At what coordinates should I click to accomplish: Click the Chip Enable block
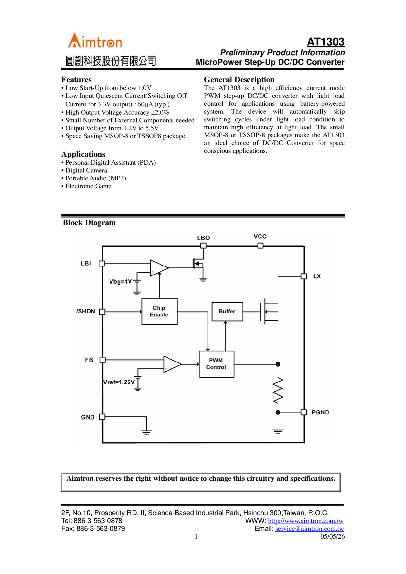(159, 312)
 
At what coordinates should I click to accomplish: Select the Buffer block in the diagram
(227, 312)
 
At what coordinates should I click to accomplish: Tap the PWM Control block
(216, 364)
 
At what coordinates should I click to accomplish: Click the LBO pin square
(203, 246)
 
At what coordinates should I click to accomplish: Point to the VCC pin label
(260, 237)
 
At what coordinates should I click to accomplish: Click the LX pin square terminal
(304, 276)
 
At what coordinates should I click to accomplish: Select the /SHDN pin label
(86, 311)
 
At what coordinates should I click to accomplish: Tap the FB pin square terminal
(102, 360)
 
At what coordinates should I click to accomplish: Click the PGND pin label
(320, 412)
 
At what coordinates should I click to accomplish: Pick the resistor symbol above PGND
(278, 390)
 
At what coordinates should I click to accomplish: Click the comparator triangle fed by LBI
(158, 268)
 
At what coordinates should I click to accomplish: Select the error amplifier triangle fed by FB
(172, 364)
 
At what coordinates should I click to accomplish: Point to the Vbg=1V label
(120, 282)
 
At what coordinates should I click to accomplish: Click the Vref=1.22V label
(119, 382)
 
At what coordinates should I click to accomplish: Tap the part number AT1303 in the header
(325, 42)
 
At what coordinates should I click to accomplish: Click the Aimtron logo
(95, 42)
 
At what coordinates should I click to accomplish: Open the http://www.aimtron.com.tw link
(305, 521)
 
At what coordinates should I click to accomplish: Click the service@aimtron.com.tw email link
(309, 529)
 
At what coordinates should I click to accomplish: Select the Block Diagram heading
(89, 223)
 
